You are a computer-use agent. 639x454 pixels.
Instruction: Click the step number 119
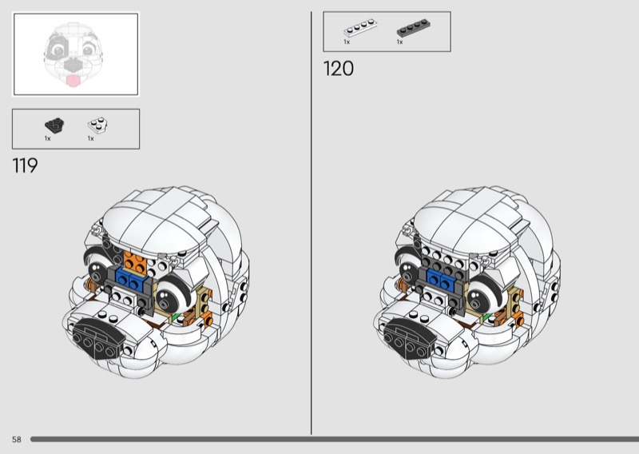(x=26, y=166)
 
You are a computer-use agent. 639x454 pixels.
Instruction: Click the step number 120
(x=338, y=69)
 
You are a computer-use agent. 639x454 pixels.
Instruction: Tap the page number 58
(x=16, y=440)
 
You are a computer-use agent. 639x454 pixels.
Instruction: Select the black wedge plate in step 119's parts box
(x=54, y=125)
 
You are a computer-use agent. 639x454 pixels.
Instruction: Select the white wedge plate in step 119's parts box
(x=97, y=125)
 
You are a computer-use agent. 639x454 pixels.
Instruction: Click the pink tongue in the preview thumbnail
(x=73, y=80)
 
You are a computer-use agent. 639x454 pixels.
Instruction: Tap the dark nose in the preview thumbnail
(x=73, y=65)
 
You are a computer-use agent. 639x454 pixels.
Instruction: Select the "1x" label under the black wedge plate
(x=48, y=138)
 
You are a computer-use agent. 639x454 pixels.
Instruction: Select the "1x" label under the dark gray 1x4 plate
(x=399, y=42)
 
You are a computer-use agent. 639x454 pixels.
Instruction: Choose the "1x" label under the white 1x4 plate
(x=347, y=42)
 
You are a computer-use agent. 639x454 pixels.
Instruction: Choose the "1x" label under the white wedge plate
(x=91, y=138)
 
